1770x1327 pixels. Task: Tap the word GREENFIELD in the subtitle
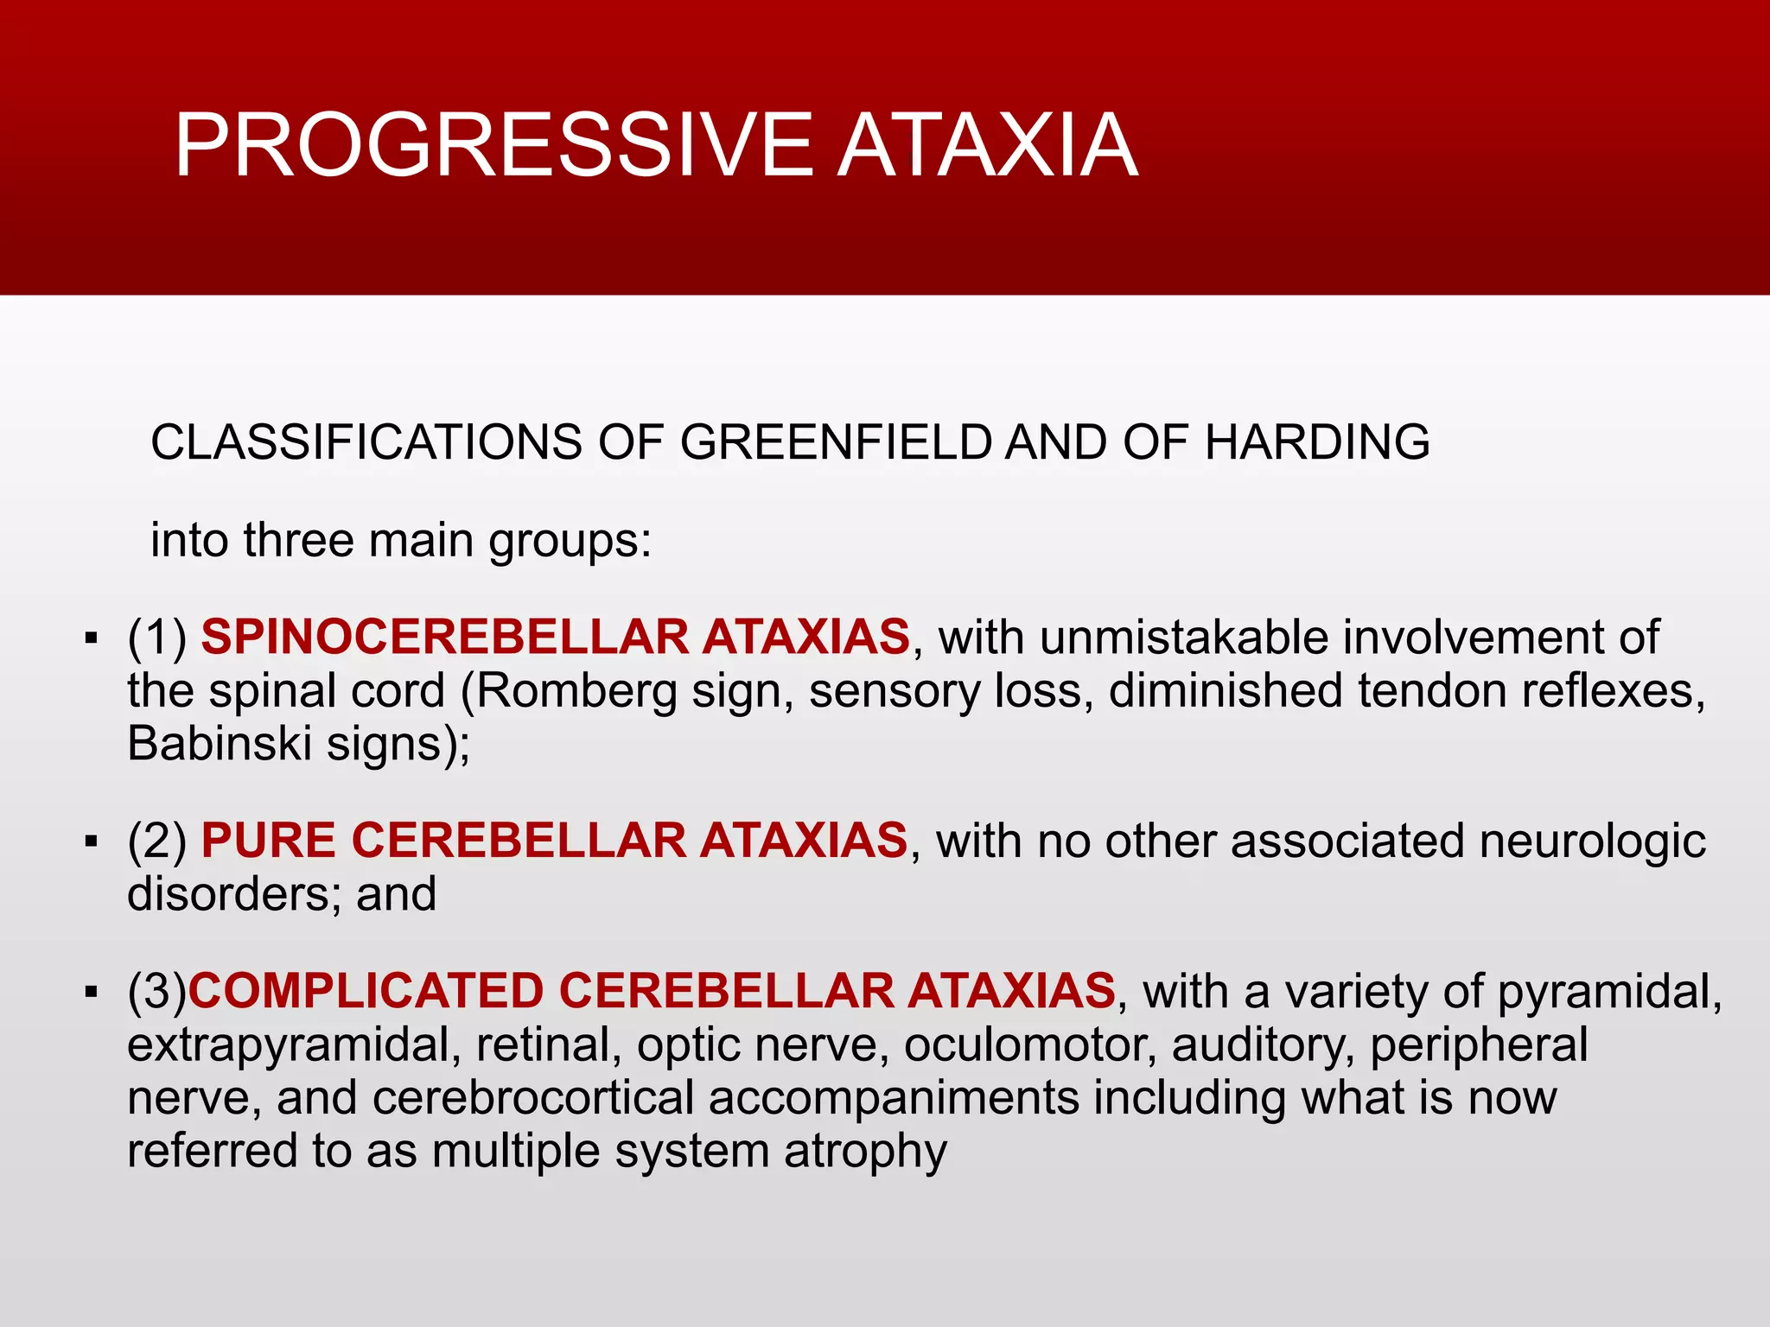coord(835,442)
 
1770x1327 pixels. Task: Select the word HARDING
coord(1317,442)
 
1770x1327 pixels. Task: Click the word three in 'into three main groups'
coord(298,541)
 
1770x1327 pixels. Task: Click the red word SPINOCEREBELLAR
coord(444,638)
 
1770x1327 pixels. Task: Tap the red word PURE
coord(268,841)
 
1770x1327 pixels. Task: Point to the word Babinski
coord(220,744)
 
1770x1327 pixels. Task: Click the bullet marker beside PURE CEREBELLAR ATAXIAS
coord(92,841)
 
